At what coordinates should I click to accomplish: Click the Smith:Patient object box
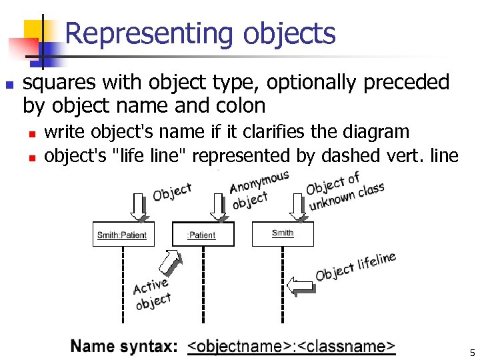122,235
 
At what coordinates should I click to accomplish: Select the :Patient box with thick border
203,234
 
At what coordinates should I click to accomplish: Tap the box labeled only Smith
283,233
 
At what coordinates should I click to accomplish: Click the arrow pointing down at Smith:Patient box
139,207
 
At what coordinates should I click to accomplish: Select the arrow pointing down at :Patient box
218,207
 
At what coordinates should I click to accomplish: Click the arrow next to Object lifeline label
301,285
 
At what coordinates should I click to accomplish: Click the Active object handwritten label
152,294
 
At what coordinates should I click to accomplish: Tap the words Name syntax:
124,347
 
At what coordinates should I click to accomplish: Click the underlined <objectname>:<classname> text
291,347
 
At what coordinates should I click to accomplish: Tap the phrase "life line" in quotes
151,156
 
